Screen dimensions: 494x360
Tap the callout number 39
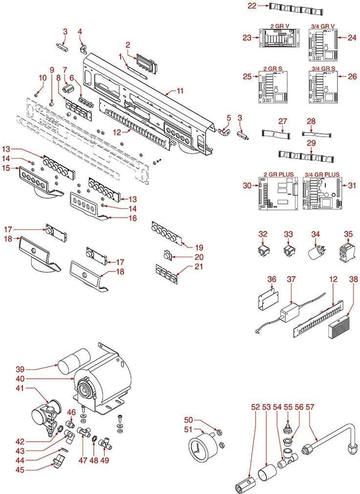(20, 368)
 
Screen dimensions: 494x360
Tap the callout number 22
(252, 6)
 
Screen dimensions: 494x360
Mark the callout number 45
(20, 470)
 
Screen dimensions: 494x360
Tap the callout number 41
(20, 389)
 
